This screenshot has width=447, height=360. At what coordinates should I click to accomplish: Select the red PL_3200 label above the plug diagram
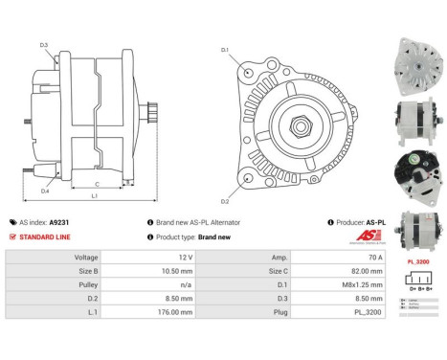click(417, 260)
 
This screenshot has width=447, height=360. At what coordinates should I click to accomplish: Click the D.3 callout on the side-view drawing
click(44, 44)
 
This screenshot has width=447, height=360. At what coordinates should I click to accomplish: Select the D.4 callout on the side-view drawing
click(45, 191)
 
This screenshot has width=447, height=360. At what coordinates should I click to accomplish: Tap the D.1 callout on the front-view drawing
click(225, 49)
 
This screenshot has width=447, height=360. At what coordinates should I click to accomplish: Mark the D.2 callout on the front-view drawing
click(225, 201)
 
